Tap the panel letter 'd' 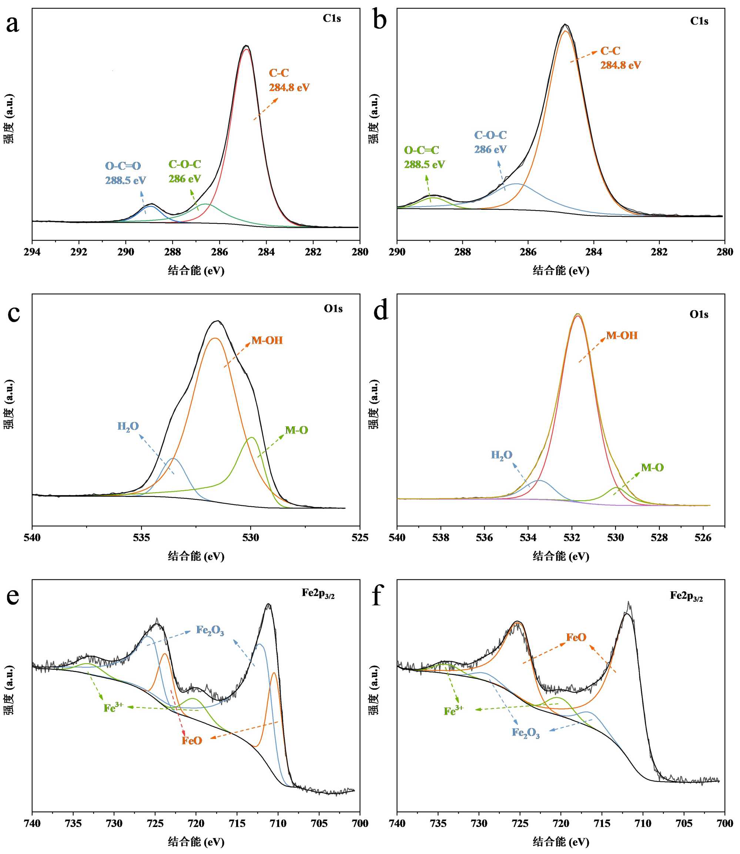tap(381, 311)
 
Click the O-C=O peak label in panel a tap(123, 166)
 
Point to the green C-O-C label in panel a tap(185, 164)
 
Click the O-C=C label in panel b tap(421, 150)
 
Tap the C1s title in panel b tap(699, 21)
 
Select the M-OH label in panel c tap(267, 340)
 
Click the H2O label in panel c tap(128, 427)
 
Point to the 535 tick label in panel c tap(141, 538)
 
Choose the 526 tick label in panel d tap(703, 538)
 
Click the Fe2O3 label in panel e tap(210, 631)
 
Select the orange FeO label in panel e tap(192, 741)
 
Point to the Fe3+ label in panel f tap(453, 711)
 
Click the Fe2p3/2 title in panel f tap(686, 596)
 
